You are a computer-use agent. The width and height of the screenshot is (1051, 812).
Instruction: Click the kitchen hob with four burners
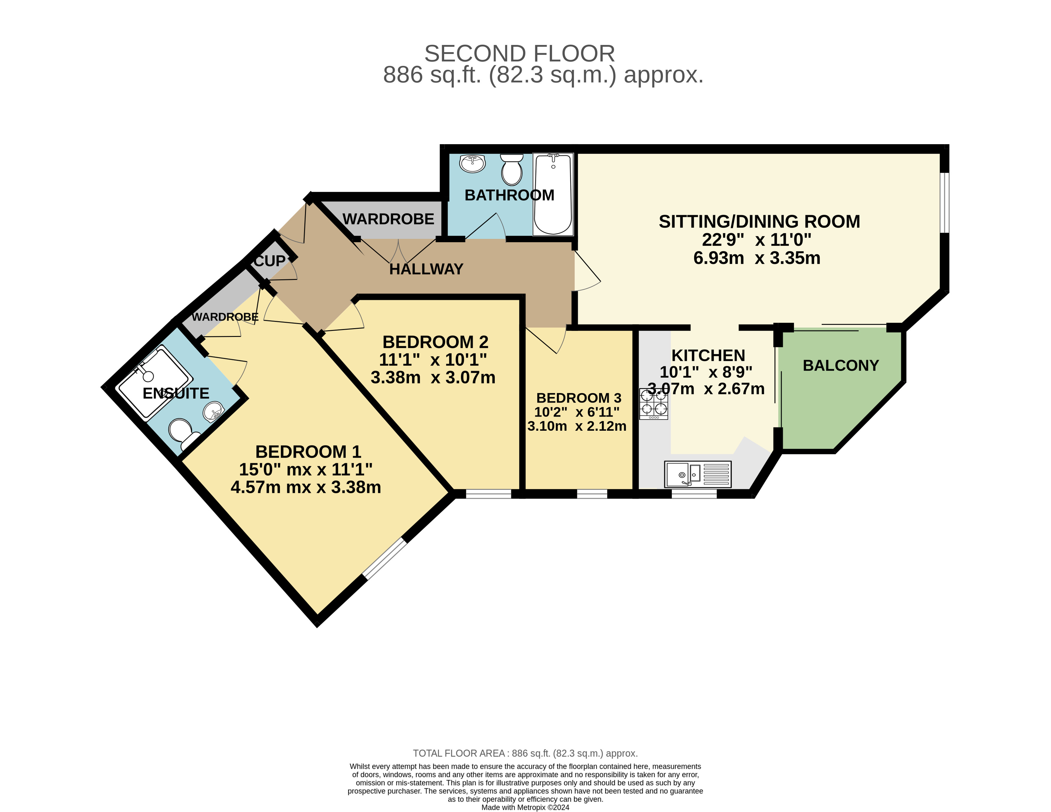(654, 404)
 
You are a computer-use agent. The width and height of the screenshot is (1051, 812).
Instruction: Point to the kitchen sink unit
(698, 474)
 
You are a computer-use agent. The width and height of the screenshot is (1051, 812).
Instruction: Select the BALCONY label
(841, 366)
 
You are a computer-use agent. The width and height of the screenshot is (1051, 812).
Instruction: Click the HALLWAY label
(426, 269)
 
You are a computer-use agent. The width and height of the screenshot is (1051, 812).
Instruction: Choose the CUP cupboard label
(269, 261)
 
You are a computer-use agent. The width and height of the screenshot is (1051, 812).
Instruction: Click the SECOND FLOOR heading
(520, 53)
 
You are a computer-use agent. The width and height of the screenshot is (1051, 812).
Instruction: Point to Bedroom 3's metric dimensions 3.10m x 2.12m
(577, 426)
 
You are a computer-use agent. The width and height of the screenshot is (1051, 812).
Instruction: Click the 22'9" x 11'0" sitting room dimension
(756, 240)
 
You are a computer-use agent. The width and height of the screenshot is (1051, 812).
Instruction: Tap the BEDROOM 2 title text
(435, 342)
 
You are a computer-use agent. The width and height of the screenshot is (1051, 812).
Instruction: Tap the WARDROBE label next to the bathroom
(388, 219)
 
